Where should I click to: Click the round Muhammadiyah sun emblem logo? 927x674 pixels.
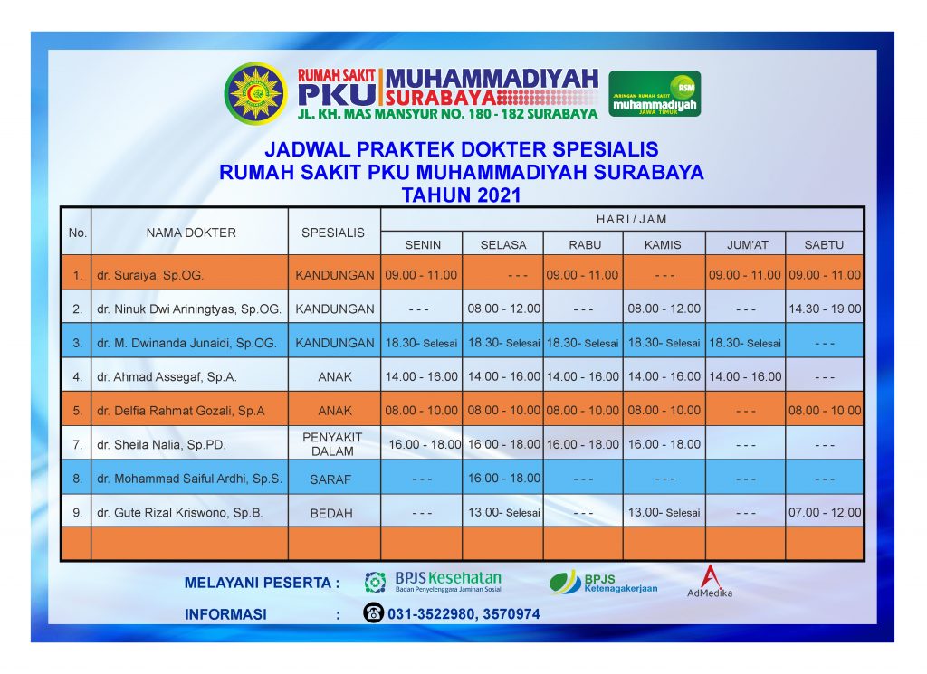point(255,93)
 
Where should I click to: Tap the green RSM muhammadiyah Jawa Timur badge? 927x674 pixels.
point(655,93)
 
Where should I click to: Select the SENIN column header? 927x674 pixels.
point(423,244)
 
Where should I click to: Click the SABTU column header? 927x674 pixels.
point(824,244)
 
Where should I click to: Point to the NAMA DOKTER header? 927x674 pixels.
point(191,233)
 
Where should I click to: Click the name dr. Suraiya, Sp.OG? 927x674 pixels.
point(150,275)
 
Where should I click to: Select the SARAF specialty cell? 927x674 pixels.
point(330,479)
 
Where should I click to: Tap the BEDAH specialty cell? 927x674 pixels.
point(331,513)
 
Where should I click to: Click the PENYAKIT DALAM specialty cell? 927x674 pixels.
point(332,444)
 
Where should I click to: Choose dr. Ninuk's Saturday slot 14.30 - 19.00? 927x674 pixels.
point(825,309)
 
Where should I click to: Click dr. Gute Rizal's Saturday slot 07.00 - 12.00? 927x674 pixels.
point(825,513)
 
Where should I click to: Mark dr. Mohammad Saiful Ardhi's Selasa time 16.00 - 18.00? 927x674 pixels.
point(503,479)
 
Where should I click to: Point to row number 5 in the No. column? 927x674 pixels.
point(78,411)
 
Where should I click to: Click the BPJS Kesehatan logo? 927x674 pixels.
point(433,581)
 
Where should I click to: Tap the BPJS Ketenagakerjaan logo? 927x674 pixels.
point(603,583)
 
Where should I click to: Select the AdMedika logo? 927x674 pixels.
point(710,581)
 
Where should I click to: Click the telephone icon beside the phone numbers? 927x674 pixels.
point(374,612)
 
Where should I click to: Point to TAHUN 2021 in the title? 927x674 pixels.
point(461,195)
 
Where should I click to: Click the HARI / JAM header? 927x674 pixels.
point(631,220)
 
